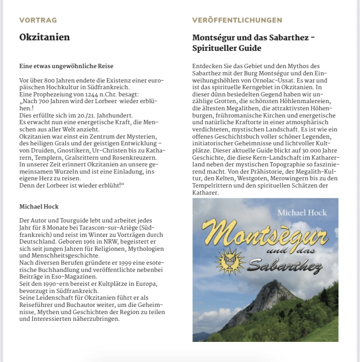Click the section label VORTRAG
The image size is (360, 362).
38,20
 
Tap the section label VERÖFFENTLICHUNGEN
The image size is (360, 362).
237,20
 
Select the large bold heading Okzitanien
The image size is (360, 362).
45,37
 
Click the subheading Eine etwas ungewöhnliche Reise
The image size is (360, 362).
66,66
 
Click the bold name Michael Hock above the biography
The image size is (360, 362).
39,207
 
